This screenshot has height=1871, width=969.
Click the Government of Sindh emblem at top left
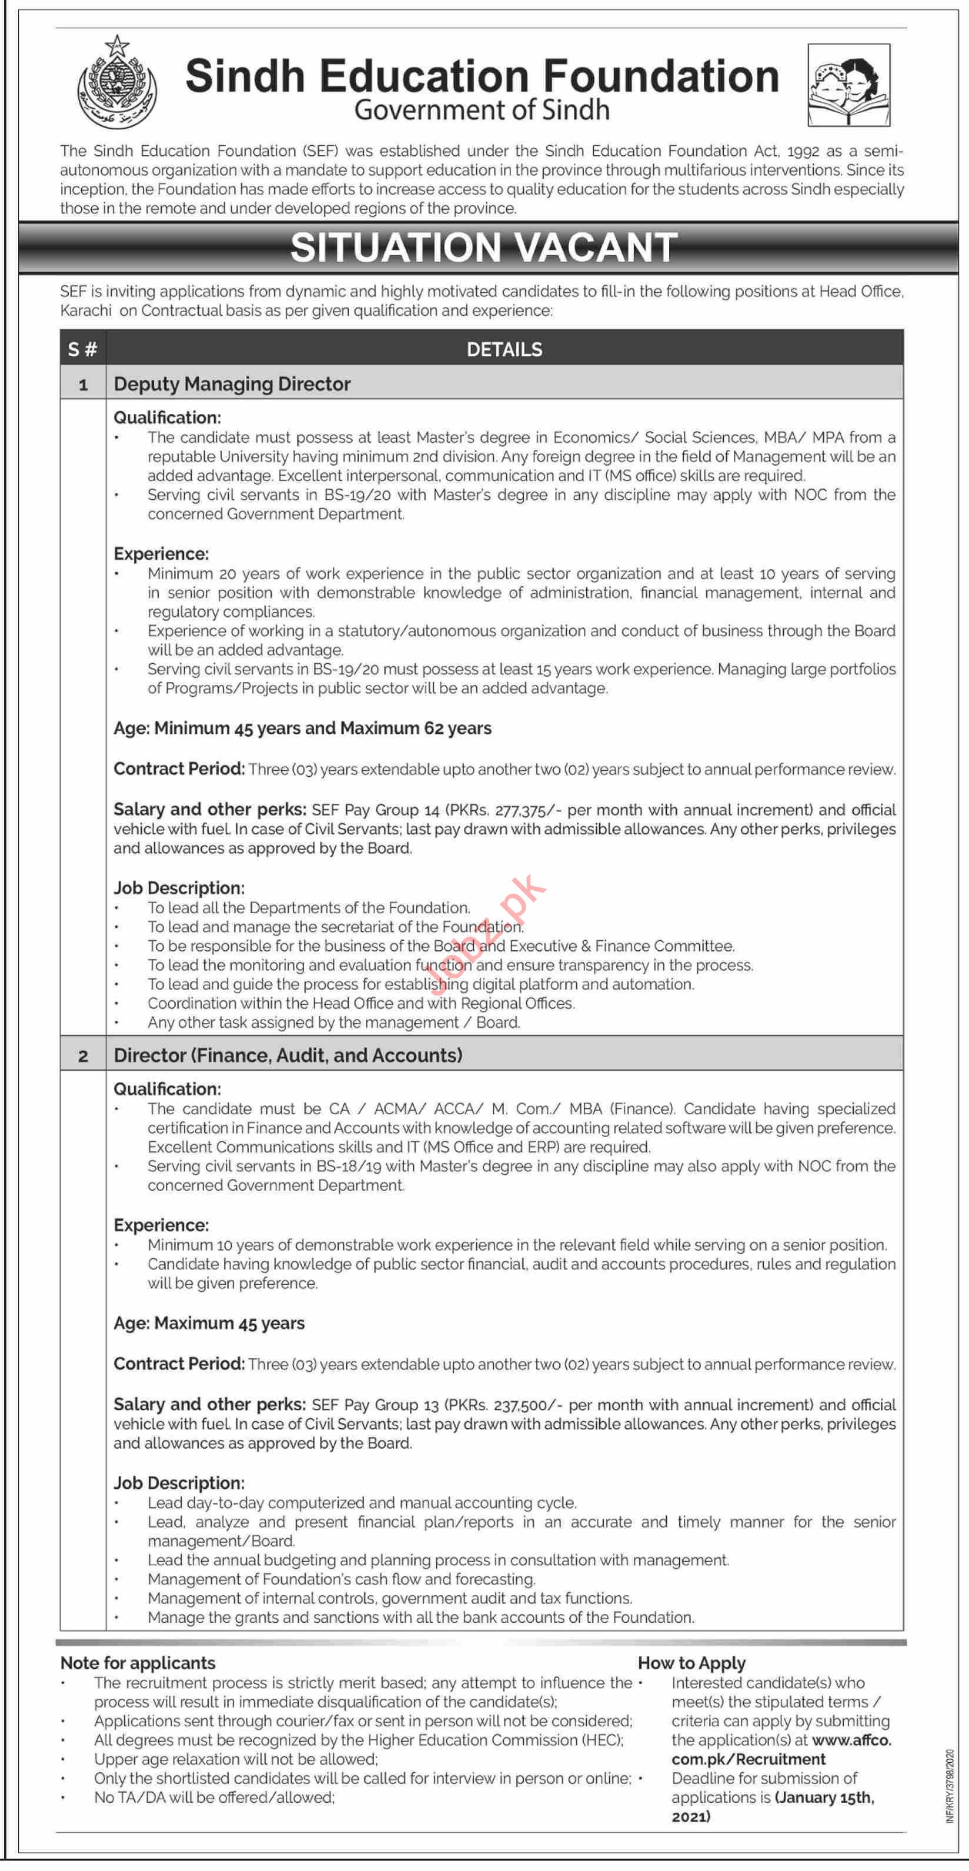point(116,83)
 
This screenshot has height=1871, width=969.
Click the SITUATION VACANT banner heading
point(484,247)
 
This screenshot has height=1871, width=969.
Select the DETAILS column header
point(504,349)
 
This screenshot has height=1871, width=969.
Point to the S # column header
point(83,349)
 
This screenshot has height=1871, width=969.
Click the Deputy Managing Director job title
point(232,383)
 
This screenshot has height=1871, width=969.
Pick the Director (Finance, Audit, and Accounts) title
point(288,1055)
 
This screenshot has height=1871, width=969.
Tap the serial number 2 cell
point(83,1055)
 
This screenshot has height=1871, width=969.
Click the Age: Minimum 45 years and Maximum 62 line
point(302,728)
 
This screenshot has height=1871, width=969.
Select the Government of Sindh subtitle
point(482,111)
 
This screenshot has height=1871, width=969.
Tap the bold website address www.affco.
point(851,1740)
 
